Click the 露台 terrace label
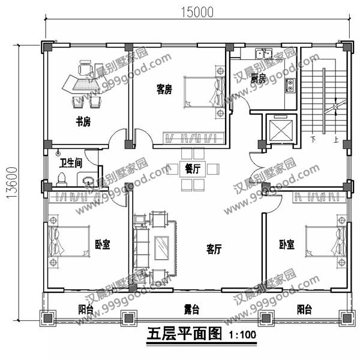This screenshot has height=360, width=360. (191, 310)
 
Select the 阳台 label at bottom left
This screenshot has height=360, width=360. (86, 310)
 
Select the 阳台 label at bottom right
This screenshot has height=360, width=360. (304, 310)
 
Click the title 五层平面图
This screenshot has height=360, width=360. (184, 334)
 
